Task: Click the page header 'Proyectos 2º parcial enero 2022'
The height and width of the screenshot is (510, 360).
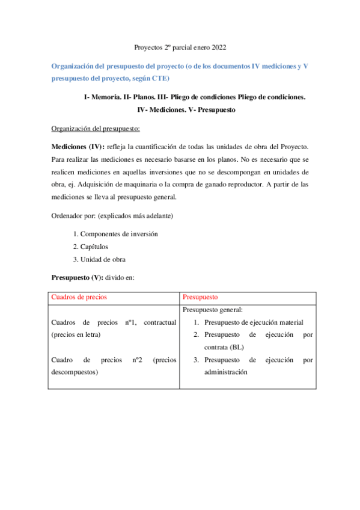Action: [x=179, y=47]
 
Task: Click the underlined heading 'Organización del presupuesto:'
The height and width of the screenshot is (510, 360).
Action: [x=96, y=129]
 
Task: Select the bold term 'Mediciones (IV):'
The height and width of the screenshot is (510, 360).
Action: [x=78, y=147]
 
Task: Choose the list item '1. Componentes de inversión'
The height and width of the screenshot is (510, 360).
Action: [x=115, y=233]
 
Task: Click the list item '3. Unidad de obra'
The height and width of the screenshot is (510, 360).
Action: [x=99, y=259]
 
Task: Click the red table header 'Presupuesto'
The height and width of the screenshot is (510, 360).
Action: [x=200, y=297]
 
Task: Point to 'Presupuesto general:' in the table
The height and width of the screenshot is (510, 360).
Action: [x=213, y=310]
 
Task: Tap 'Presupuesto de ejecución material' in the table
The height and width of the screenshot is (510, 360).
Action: [x=254, y=322]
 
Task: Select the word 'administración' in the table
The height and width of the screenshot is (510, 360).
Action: [x=226, y=372]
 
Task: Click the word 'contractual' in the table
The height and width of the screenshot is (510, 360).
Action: [x=160, y=322]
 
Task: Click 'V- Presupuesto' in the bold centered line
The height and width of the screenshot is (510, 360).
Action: [x=210, y=110]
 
